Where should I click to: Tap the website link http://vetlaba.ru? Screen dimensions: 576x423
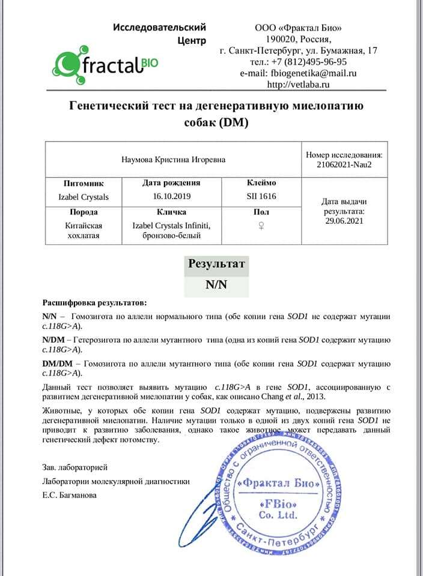coord(298,85)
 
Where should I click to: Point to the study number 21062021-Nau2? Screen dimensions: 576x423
coord(344,164)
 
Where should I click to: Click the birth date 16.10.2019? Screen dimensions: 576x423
coord(171,196)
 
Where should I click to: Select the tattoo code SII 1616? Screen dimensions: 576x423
coord(261,196)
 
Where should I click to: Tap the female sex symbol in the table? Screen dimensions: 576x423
coord(261,226)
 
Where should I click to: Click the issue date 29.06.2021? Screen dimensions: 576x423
coord(344,221)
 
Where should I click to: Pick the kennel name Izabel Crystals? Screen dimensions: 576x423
coord(84,196)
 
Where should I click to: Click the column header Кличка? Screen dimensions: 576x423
coord(171,212)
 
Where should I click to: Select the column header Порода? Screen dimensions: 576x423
coord(84,212)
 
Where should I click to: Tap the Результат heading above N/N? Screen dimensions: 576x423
coord(216,264)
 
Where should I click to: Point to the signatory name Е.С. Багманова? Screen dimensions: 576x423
coord(68,495)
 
